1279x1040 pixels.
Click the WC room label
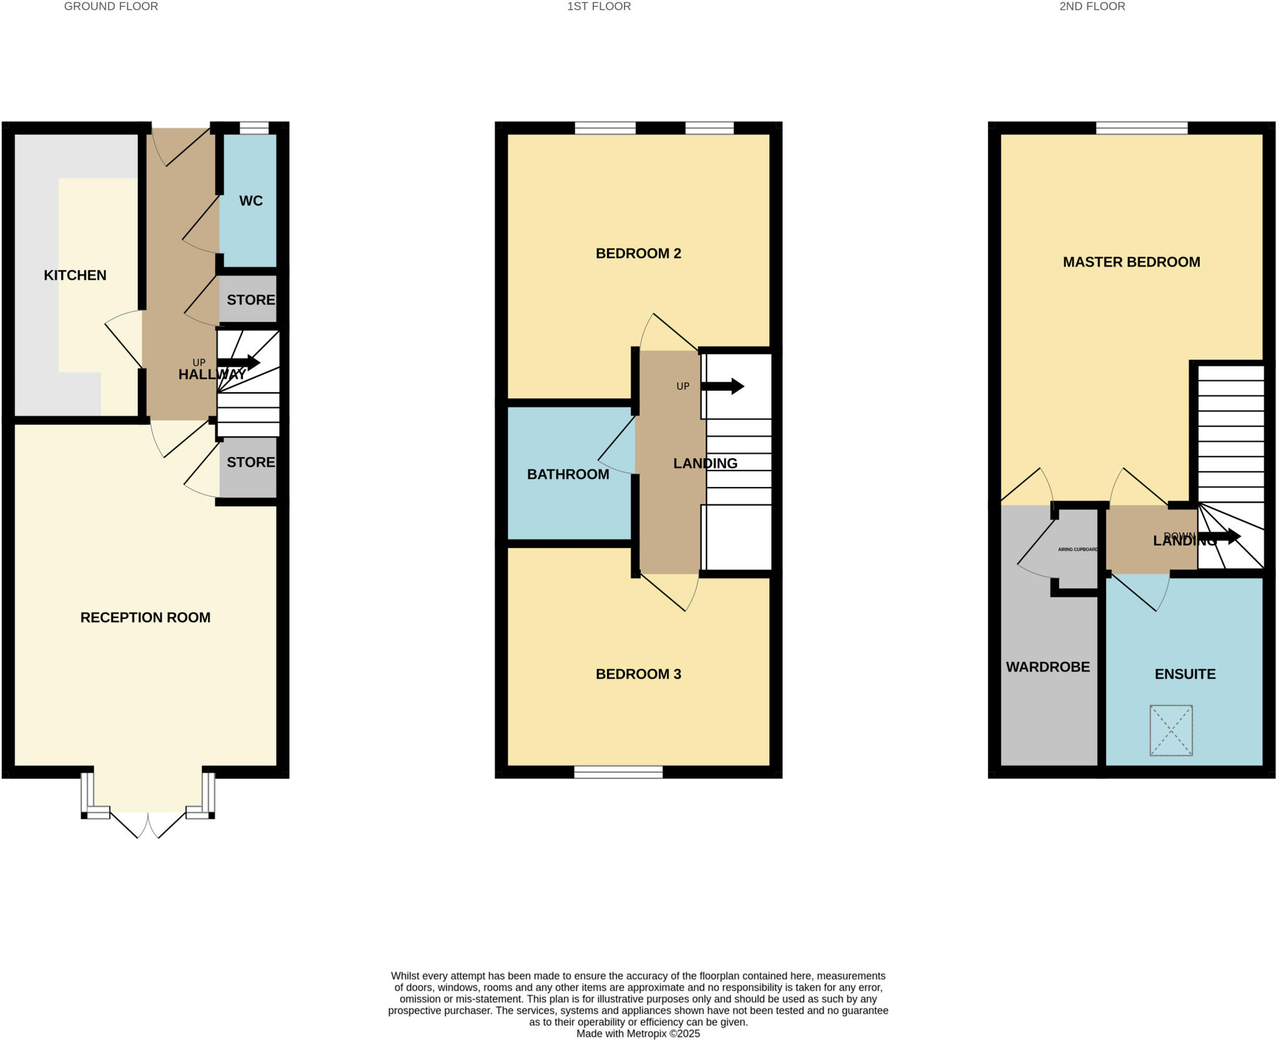coord(250,201)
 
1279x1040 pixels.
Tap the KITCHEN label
coord(75,275)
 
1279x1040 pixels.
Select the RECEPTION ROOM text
coord(146,617)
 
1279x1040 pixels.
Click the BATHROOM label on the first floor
coord(568,474)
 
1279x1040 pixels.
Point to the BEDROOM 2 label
coord(638,253)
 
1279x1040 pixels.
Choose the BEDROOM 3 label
coord(638,674)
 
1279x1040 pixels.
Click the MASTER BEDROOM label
coord(1131,262)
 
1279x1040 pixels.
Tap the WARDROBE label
coord(1047,667)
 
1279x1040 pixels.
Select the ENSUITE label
coord(1185,674)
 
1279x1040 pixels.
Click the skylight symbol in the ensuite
coord(1171,730)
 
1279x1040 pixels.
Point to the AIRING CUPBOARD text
coord(1077,549)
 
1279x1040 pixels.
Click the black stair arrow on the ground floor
coord(239,362)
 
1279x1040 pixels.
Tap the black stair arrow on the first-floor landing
coord(723,386)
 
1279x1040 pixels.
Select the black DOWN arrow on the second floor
coord(1219,536)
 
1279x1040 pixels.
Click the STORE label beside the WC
coord(250,300)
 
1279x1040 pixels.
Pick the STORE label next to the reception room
coord(250,462)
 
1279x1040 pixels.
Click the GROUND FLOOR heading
coord(111,6)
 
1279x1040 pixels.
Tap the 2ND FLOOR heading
coord(1092,6)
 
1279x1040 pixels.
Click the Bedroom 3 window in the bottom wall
coord(618,772)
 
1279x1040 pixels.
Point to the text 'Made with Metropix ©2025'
coord(638,1034)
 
